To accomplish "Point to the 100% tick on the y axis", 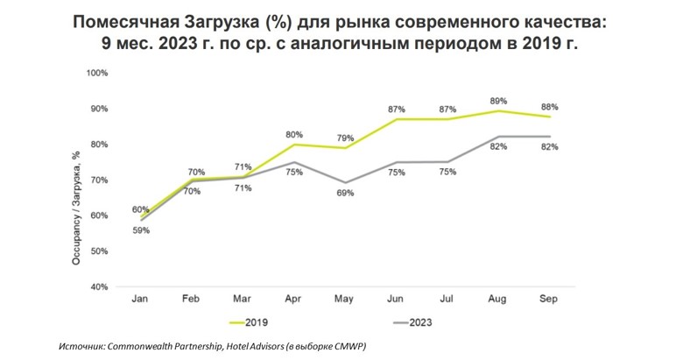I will (97, 73).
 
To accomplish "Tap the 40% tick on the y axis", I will (99, 286).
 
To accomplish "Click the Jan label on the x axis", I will (139, 300).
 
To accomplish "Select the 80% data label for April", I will (294, 134).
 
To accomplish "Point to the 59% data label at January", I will (141, 230).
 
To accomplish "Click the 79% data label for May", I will (345, 138).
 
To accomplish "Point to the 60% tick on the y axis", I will (99, 215).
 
